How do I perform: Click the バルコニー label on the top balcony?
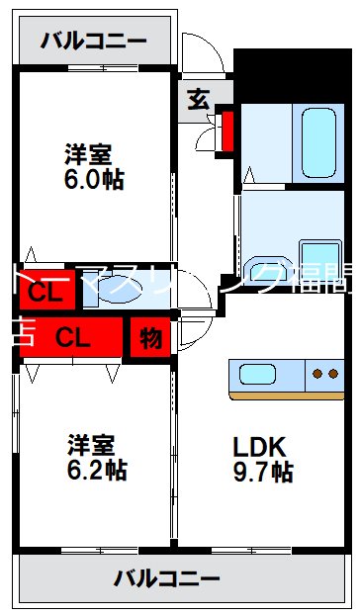[94, 42]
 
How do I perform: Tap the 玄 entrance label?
[198, 99]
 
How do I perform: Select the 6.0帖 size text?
[96, 181]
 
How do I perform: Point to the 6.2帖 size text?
[96, 469]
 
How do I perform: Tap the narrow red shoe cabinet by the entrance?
[227, 132]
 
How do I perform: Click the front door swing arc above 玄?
[198, 54]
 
